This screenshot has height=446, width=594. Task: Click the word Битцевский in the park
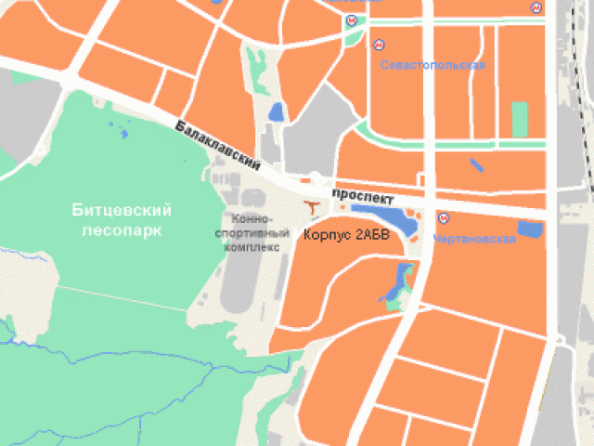pos(115,211)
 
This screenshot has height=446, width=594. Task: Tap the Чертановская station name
pos(474,239)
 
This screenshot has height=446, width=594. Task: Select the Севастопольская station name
pos(433,65)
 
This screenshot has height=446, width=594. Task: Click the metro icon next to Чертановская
pos(444,219)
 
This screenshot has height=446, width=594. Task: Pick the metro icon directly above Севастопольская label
pos(379,44)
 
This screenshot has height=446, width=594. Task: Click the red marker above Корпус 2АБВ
pos(313,203)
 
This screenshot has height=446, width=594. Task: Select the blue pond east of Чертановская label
pos(530,230)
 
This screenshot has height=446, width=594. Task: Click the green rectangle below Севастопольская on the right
pos(519,119)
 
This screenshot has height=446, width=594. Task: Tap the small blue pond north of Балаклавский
pos(276,112)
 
